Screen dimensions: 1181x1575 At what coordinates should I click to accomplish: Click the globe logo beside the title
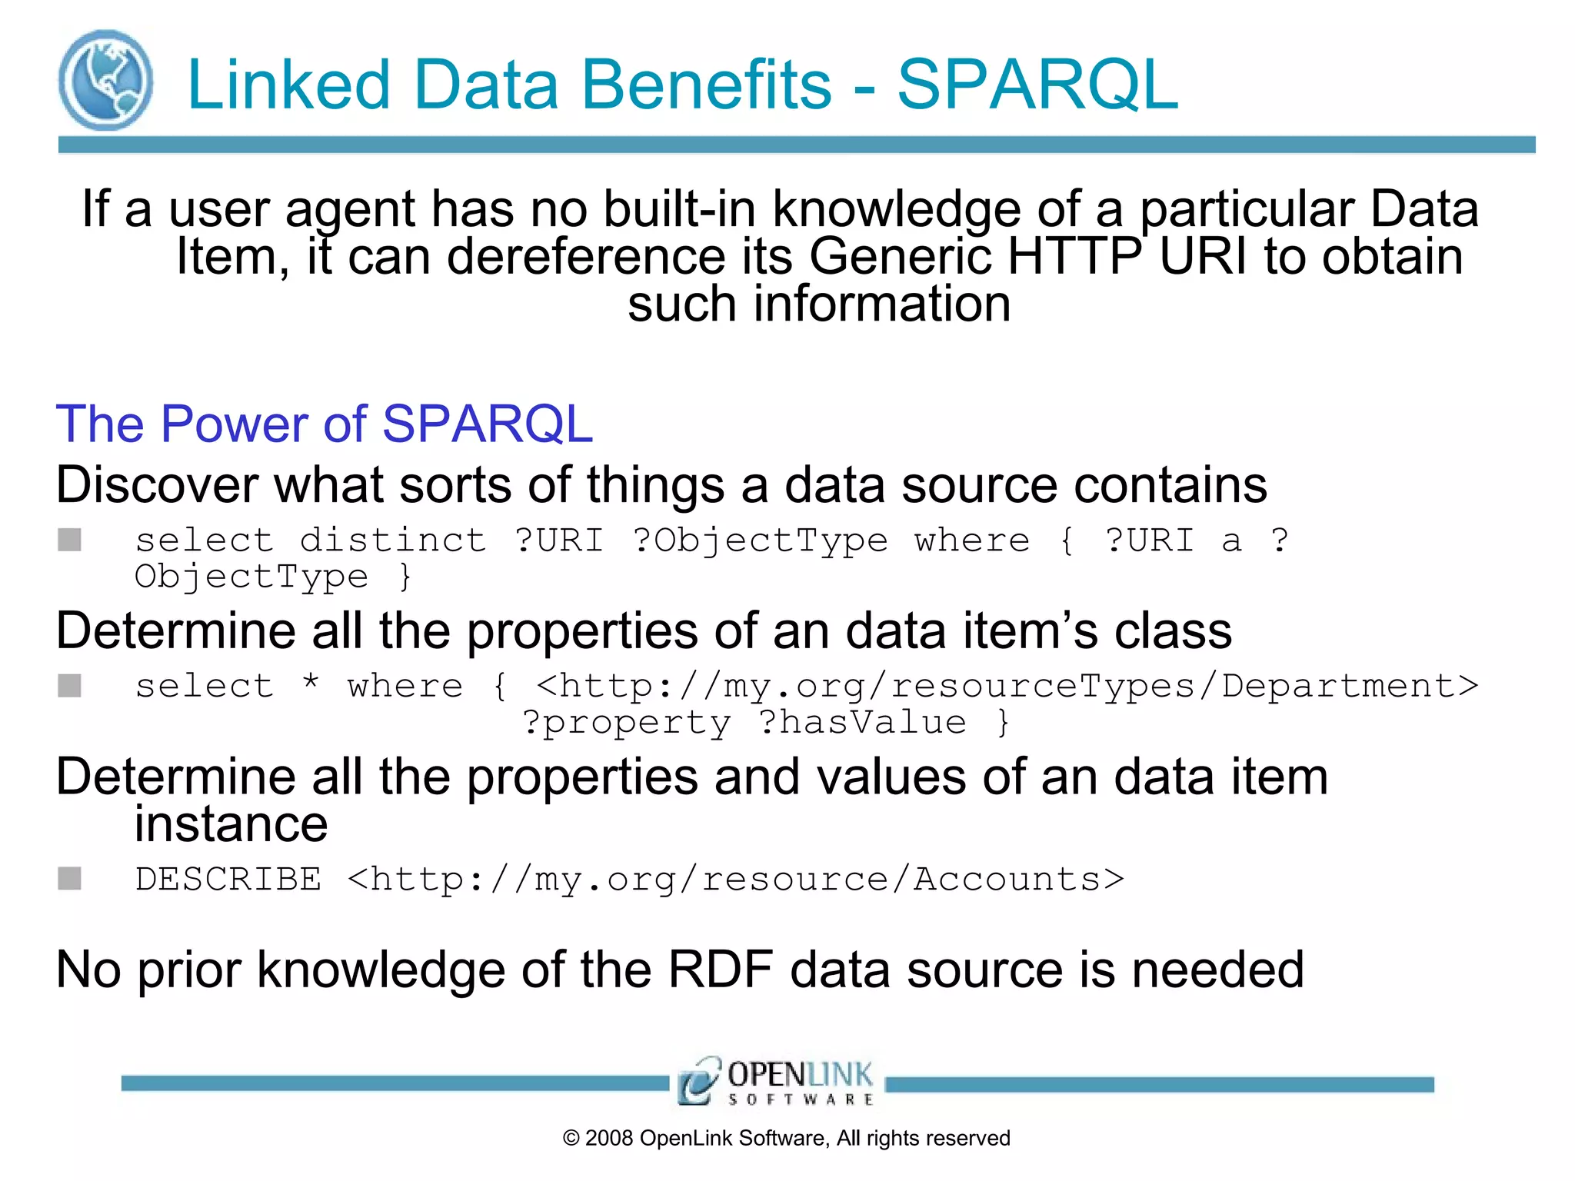coord(105,80)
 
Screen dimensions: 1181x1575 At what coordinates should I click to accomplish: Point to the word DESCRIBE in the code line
coord(228,879)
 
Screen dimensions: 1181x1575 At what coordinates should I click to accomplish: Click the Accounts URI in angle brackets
coord(736,879)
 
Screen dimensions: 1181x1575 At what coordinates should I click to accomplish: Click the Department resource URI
coord(1007,685)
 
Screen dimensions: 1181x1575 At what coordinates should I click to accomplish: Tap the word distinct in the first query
coord(393,540)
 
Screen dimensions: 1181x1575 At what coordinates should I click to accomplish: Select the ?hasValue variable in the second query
coord(862,722)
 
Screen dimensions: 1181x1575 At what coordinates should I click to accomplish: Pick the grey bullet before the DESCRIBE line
coord(70,878)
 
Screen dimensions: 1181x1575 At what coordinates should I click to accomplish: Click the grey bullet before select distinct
coord(70,540)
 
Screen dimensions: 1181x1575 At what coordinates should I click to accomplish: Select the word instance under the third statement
coord(231,824)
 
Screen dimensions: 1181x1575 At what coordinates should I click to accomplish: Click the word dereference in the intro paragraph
coord(586,256)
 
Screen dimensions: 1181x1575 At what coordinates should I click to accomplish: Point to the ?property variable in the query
coord(626,722)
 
